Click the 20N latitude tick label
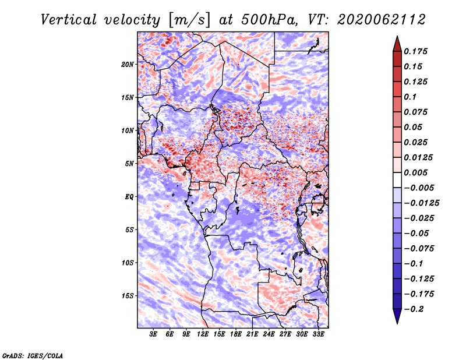pyautogui.click(x=128, y=65)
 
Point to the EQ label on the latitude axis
pyautogui.click(x=129, y=197)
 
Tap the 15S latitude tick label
pyautogui.click(x=128, y=296)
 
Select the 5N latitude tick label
pyautogui.click(x=129, y=164)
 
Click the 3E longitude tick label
pyautogui.click(x=153, y=334)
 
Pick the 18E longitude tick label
pyautogui.click(x=236, y=334)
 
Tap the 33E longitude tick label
pyautogui.click(x=318, y=334)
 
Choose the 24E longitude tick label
pyautogui.click(x=269, y=334)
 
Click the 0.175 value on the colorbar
pyautogui.click(x=416, y=51)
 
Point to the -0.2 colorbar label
pyautogui.click(x=414, y=309)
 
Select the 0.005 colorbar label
pyautogui.click(x=416, y=172)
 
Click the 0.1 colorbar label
pyautogui.click(x=410, y=97)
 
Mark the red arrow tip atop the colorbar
pyautogui.click(x=397, y=36)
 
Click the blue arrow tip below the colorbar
pyautogui.click(x=397, y=323)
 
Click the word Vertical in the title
pyautogui.click(x=69, y=20)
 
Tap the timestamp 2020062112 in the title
pyautogui.click(x=382, y=20)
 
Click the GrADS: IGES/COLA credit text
pyautogui.click(x=33, y=356)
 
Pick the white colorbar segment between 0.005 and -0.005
pyautogui.click(x=397, y=180)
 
